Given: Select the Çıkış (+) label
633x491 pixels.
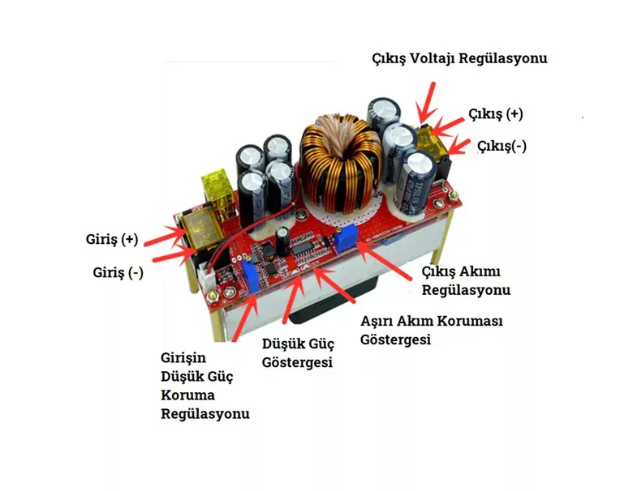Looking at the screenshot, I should click(495, 114).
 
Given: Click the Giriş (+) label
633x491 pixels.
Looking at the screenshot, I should click(112, 240).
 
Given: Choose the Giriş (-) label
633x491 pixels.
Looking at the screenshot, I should click(118, 273).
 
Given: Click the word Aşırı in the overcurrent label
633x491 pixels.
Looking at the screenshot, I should click(378, 322).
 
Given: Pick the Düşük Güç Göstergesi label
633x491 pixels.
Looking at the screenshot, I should click(297, 353).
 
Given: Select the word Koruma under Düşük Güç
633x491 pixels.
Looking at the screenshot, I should click(188, 395).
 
